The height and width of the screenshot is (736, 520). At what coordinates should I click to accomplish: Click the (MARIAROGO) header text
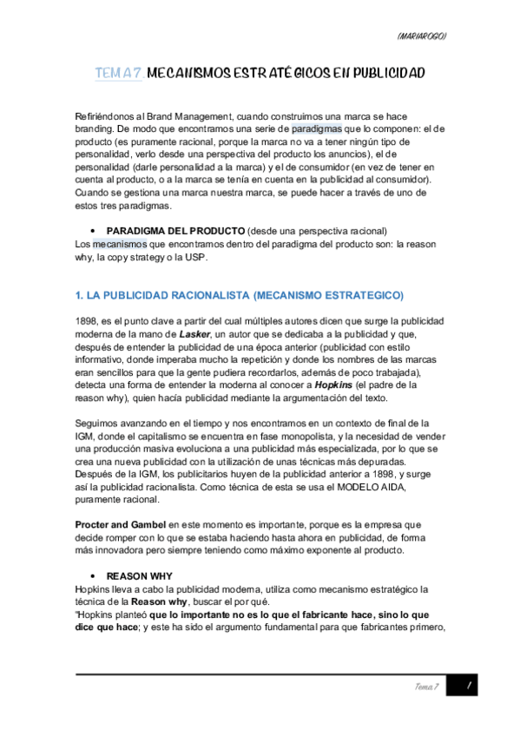[x=421, y=36]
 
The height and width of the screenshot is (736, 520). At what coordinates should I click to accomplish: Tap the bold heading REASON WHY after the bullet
[x=139, y=575]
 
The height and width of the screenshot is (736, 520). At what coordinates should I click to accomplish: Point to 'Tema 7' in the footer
[x=427, y=687]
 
